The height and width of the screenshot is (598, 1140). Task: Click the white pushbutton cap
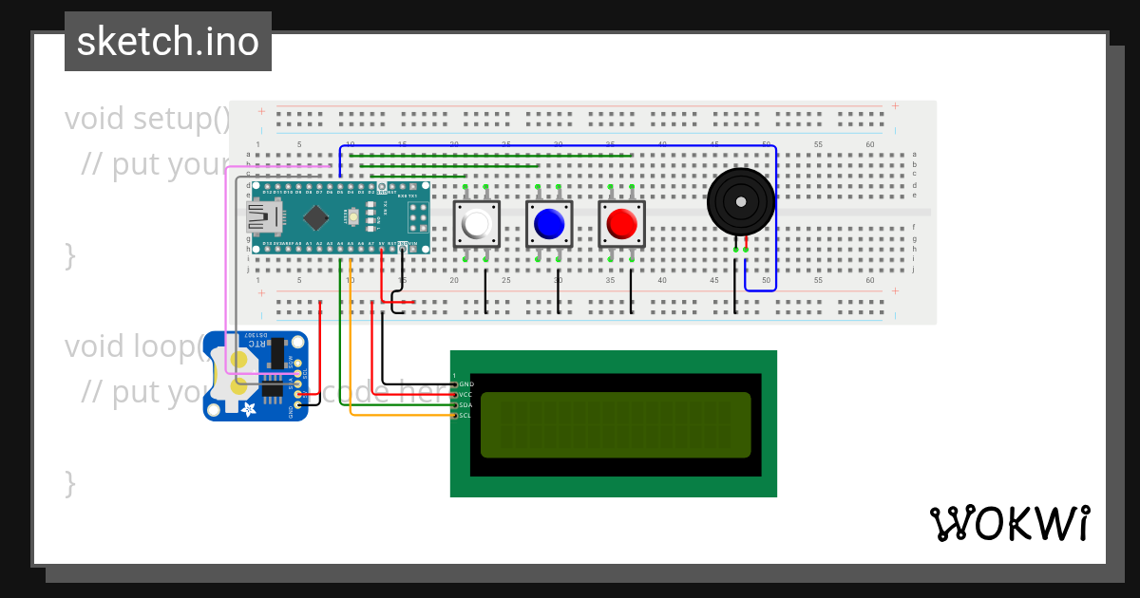click(x=476, y=224)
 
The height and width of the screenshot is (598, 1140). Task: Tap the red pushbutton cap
click(x=621, y=224)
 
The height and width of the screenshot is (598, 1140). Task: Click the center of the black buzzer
click(x=740, y=201)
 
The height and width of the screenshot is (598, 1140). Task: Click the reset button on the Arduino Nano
click(x=353, y=218)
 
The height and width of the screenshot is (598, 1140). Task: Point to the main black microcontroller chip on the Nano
click(x=315, y=218)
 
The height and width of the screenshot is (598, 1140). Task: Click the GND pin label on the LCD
click(x=465, y=384)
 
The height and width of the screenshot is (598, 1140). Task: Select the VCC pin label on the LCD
click(x=465, y=394)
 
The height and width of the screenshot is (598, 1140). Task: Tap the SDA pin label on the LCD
click(x=465, y=404)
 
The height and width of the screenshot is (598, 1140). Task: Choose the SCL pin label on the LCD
click(x=465, y=415)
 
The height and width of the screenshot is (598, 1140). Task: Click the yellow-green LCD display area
click(x=616, y=424)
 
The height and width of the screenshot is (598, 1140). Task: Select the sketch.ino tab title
click(x=168, y=42)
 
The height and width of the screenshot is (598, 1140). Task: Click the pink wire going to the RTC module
click(x=225, y=266)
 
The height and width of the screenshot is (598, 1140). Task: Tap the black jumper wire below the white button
click(x=485, y=292)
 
